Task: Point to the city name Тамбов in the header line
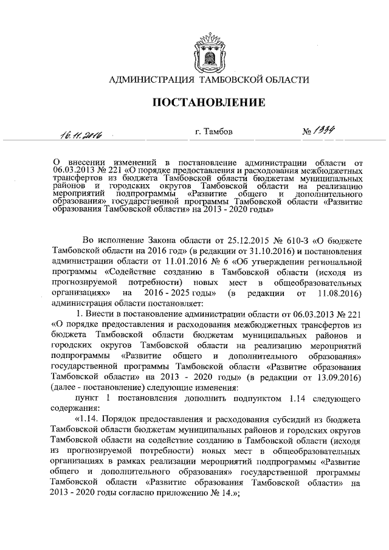[213, 131]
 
